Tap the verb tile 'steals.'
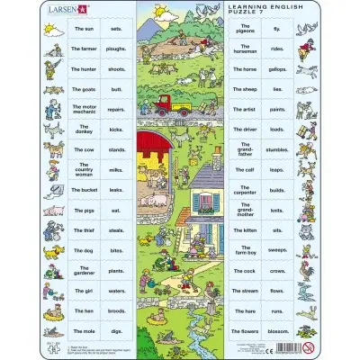click(115, 230)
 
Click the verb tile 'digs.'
click(115, 331)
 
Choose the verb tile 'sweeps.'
click(280, 251)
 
